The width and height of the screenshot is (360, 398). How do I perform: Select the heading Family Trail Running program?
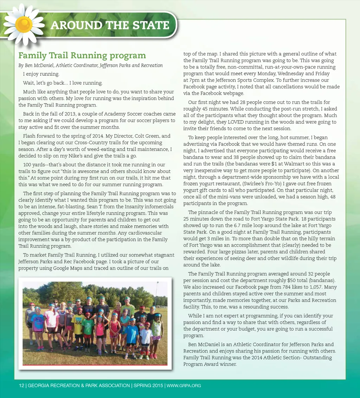pyautogui.click(x=82, y=56)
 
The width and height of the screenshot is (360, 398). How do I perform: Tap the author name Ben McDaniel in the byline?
pyautogui.click(x=39, y=65)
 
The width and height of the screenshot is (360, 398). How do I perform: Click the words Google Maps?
pyautogui.click(x=69, y=268)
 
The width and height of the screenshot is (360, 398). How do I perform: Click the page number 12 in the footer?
pyautogui.click(x=21, y=386)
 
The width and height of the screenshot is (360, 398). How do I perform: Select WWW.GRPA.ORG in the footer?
pyautogui.click(x=184, y=386)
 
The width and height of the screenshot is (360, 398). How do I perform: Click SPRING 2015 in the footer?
pyautogui.click(x=148, y=386)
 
